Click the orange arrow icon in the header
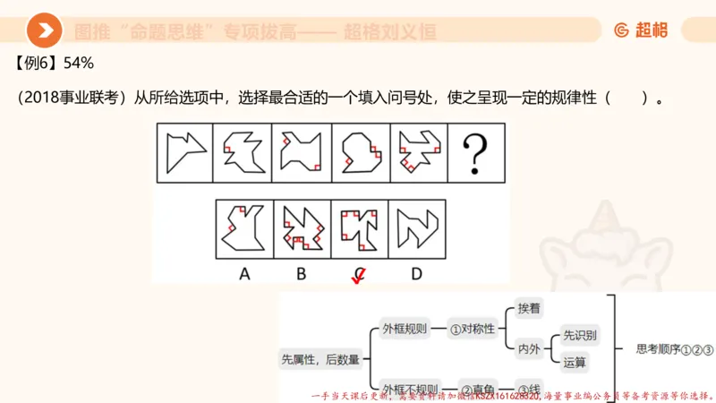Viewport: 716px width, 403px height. [x=44, y=31]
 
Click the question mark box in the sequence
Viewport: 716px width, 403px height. [x=476, y=152]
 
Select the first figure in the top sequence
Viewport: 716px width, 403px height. [x=184, y=152]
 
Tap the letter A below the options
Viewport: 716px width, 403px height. [x=243, y=274]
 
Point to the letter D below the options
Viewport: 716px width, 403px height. [x=415, y=274]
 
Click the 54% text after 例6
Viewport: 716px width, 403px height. [x=78, y=64]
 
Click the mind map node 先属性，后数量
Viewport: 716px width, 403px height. [x=320, y=359]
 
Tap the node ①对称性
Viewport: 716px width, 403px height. [x=472, y=329]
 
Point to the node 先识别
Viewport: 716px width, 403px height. [x=580, y=336]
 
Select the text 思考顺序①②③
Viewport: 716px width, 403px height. [x=674, y=350]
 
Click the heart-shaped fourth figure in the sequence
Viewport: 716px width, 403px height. [x=360, y=152]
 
